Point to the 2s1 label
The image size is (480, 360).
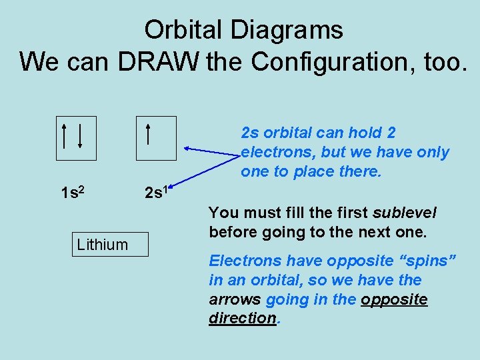(159, 193)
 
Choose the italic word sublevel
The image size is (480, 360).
(405, 213)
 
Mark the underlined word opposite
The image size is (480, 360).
(394, 299)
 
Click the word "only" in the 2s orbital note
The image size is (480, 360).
(432, 152)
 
